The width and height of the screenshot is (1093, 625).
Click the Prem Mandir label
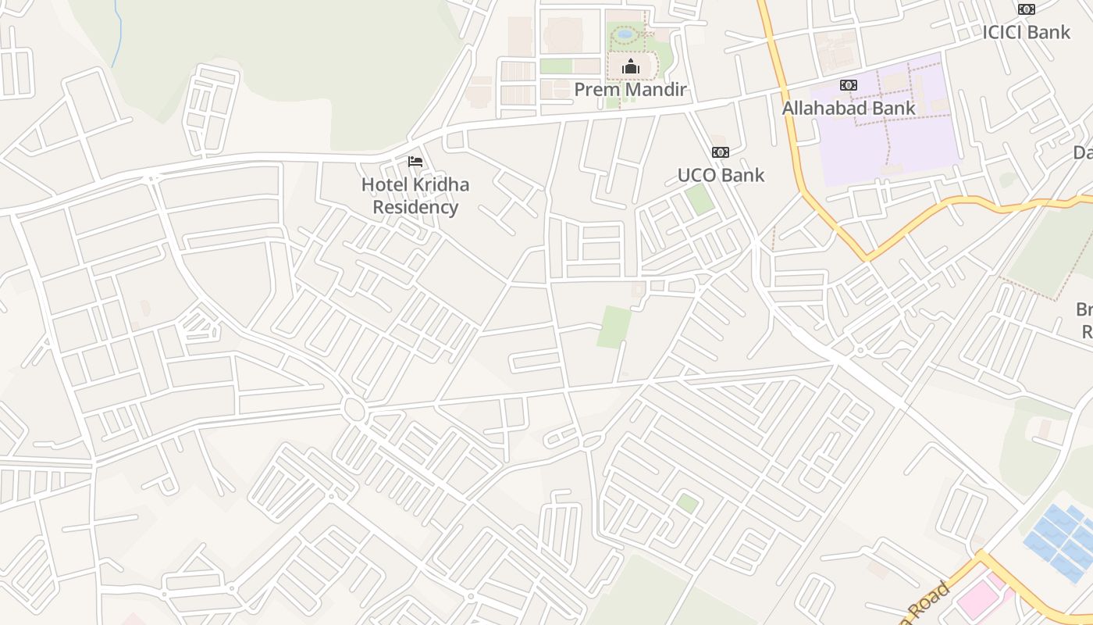click(630, 90)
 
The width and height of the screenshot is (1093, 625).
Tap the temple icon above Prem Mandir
click(630, 67)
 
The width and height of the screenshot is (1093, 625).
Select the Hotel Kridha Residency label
click(415, 196)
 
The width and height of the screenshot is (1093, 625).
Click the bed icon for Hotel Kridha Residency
click(415, 162)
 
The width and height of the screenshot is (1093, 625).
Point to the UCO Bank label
click(721, 175)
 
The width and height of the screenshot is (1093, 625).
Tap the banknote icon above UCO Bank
click(720, 152)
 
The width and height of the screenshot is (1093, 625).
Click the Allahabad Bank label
click(849, 108)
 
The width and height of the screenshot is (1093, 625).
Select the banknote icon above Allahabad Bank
click(849, 85)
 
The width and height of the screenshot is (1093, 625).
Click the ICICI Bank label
click(1026, 32)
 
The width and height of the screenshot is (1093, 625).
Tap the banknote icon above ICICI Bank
click(1026, 9)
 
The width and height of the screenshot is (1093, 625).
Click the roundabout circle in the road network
click(354, 409)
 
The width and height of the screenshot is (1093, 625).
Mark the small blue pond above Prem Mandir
click(625, 34)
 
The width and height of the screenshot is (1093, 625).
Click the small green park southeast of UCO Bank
click(700, 199)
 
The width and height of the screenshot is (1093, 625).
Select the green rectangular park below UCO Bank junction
click(614, 327)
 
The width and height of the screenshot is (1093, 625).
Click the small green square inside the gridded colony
click(687, 503)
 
